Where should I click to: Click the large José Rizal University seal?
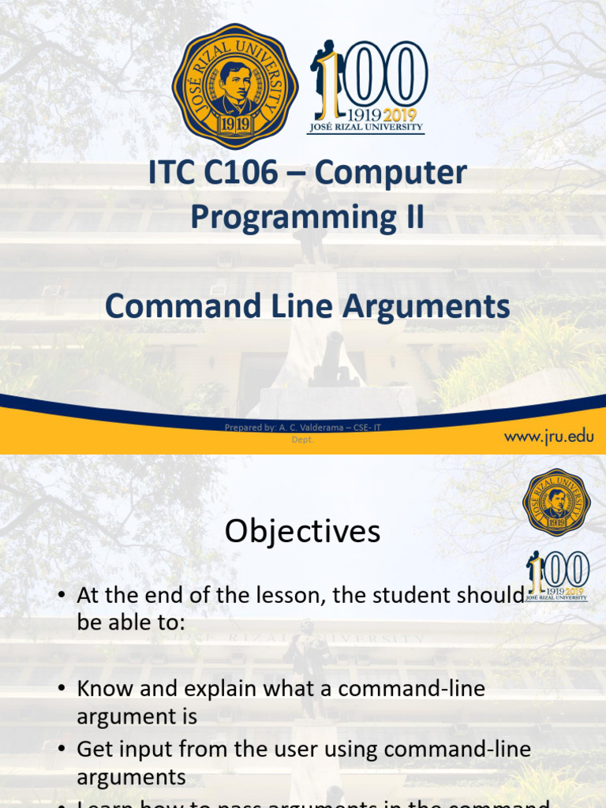point(234,86)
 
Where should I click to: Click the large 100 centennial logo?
point(368,87)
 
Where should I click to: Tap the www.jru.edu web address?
point(548,436)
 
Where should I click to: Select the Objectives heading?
point(302,531)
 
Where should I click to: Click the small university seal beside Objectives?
point(556,502)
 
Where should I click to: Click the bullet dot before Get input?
point(62,750)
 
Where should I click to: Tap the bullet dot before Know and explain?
point(62,688)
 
